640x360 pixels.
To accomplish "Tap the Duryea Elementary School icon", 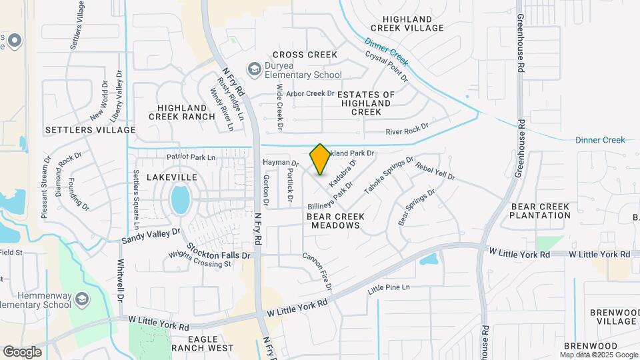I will (x=254, y=69).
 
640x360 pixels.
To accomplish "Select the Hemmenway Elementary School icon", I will (x=81, y=299).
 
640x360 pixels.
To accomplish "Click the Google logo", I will (x=22, y=352).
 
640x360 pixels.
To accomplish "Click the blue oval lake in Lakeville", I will (x=179, y=199).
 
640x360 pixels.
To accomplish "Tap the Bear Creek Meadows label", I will (x=333, y=221).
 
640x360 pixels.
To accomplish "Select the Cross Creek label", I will (x=305, y=55).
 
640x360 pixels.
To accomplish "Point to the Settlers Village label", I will (x=90, y=129).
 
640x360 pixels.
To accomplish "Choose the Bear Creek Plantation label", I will (x=541, y=211).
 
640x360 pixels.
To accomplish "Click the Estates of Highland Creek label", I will (x=366, y=103).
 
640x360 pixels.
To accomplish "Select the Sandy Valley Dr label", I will (x=151, y=235).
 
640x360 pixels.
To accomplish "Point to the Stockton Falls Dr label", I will (x=218, y=251).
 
